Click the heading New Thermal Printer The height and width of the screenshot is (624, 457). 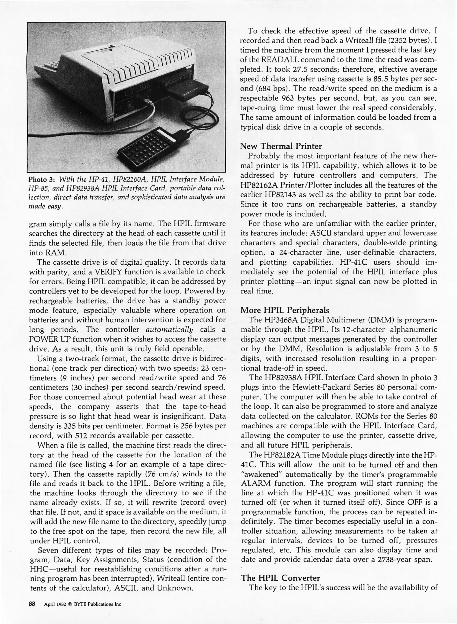point(281,146)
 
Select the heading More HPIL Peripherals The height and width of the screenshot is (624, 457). point(285,310)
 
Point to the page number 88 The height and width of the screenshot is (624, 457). point(32,603)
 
